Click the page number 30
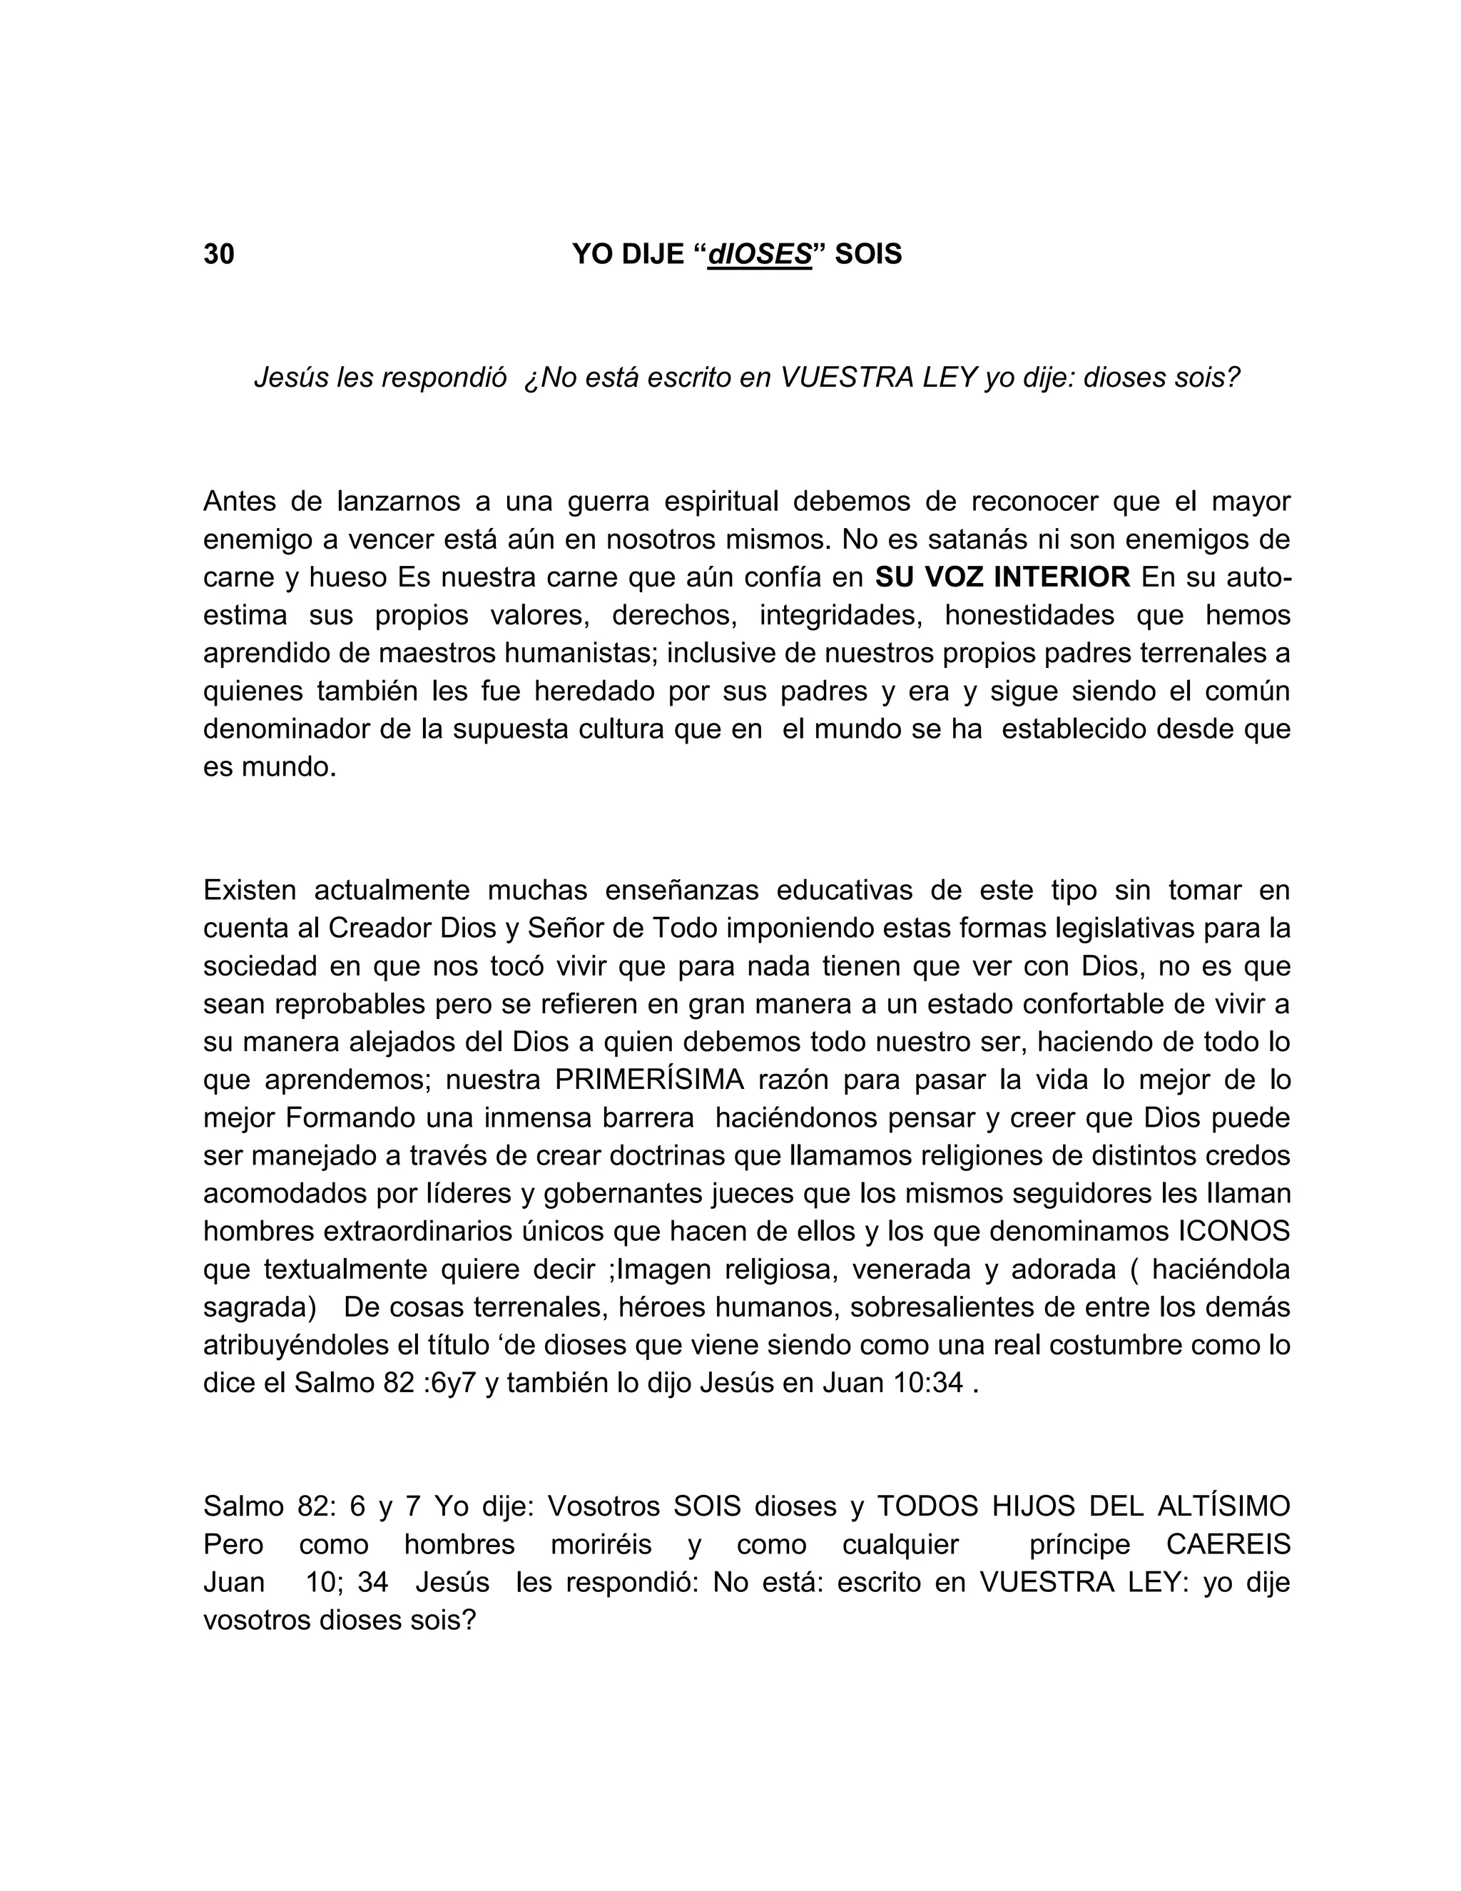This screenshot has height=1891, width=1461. tap(218, 254)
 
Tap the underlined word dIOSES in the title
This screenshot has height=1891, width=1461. tap(759, 254)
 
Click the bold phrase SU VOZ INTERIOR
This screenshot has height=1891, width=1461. tap(1003, 577)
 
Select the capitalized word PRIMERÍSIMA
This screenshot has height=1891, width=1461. tap(649, 1080)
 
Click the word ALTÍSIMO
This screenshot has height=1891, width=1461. tap(1223, 1506)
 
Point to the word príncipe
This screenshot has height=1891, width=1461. tap(1079, 1545)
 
